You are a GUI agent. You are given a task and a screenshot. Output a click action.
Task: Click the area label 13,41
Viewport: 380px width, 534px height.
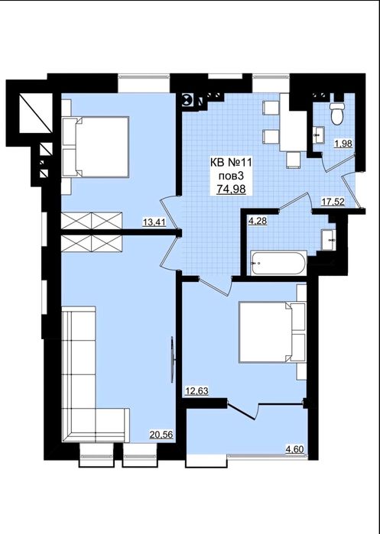pos(154,222)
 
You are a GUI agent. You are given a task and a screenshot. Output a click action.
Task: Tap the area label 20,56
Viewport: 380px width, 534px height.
pos(161,434)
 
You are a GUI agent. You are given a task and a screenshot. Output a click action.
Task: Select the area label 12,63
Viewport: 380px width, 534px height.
pos(196,391)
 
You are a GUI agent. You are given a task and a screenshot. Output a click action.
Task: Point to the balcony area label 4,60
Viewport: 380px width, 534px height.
pos(295,449)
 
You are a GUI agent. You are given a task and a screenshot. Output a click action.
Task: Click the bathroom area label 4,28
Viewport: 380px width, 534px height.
pos(258,221)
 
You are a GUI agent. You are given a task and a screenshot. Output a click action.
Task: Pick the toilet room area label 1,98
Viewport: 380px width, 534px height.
pos(343,144)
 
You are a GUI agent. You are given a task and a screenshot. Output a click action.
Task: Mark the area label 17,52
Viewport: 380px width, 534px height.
pos(333,202)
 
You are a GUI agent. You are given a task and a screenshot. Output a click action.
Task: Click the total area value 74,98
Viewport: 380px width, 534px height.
pos(232,189)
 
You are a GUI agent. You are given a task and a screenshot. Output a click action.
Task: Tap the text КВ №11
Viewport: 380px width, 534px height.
pos(231,163)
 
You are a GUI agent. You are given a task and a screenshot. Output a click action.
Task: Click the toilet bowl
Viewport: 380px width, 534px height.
pos(337,114)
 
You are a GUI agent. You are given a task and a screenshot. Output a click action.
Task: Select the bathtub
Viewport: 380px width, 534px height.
pos(278,264)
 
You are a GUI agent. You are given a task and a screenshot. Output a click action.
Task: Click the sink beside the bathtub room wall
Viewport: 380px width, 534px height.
pos(329,240)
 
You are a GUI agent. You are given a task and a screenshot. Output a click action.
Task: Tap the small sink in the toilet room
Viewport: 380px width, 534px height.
pos(319,135)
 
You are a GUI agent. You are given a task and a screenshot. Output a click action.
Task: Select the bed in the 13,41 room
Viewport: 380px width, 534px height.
pos(96,147)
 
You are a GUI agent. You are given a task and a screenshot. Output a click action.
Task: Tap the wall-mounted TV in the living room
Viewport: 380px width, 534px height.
pos(173,360)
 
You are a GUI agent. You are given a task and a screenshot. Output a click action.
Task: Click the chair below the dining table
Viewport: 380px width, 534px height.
pos(294,160)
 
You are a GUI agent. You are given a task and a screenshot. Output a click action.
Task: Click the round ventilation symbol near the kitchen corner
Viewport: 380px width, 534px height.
pos(187,100)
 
